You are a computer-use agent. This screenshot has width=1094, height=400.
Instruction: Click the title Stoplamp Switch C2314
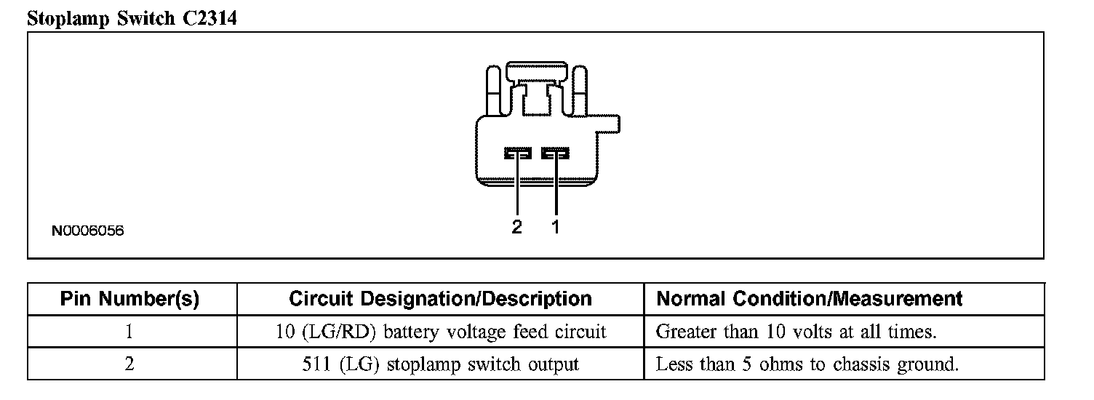[132, 18]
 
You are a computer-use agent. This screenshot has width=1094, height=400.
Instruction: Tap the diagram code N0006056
[87, 231]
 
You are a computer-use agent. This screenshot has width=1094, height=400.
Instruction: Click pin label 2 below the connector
[516, 227]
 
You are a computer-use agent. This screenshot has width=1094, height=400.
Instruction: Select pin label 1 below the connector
[556, 227]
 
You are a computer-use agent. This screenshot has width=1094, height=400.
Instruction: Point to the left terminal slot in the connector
[517, 153]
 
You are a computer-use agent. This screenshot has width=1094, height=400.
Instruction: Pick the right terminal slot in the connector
[556, 153]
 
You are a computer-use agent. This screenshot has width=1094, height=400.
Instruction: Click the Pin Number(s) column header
[129, 299]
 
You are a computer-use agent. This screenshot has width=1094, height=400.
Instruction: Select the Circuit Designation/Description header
[440, 299]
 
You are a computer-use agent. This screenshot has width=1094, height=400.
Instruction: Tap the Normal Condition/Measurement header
[809, 299]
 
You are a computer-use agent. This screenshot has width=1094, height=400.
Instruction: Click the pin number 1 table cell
[129, 332]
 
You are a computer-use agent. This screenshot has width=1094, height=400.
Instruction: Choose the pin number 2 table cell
[129, 364]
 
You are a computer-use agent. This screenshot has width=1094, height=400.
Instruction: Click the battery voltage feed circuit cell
[440, 332]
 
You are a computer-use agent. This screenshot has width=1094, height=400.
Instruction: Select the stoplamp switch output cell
[440, 364]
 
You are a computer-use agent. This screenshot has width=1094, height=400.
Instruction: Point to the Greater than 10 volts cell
[796, 332]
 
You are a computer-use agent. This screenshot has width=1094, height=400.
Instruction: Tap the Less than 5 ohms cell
[807, 364]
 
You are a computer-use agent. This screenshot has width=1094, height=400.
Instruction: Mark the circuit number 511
[316, 364]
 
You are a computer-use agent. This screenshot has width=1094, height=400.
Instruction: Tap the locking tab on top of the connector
[537, 72]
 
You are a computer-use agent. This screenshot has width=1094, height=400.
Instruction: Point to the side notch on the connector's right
[610, 124]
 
